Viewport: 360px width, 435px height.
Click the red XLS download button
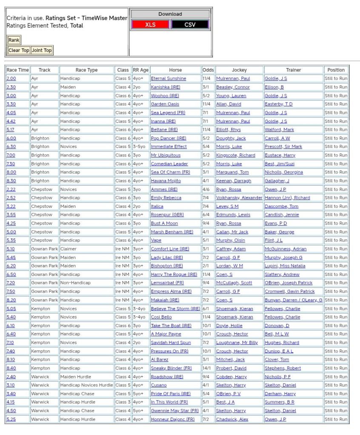150,25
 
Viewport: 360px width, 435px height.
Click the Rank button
14,40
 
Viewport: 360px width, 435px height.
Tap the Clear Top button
19,50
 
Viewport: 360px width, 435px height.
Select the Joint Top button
42,50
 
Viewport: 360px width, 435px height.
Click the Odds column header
208,70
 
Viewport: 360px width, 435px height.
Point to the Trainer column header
293,70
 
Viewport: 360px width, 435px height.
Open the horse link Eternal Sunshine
169,79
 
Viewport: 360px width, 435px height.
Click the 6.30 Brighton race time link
11,147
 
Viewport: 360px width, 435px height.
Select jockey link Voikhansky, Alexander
239,198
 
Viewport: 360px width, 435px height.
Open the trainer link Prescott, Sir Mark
283,147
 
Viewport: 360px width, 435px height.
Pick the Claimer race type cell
69,249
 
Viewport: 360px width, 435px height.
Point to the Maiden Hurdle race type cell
76,376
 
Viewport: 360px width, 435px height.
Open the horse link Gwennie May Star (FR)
175,410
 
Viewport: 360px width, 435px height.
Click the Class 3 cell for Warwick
123,402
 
